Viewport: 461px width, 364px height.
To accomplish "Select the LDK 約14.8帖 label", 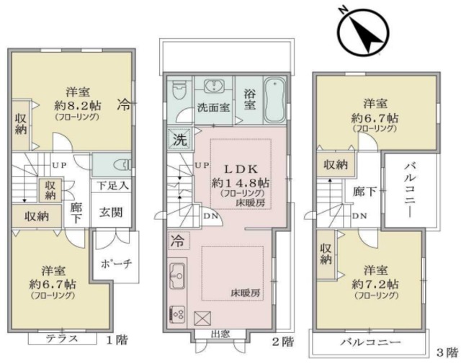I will click(x=230, y=177).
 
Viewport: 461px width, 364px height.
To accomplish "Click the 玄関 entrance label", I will click(x=110, y=212).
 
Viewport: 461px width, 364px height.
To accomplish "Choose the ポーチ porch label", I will click(x=117, y=263).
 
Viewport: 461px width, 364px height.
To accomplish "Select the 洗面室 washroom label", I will click(x=214, y=109).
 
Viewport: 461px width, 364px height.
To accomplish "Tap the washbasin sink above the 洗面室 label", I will click(x=213, y=87).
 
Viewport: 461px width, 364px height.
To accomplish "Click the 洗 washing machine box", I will click(x=177, y=137).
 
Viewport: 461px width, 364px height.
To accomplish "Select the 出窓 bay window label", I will click(x=221, y=334).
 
